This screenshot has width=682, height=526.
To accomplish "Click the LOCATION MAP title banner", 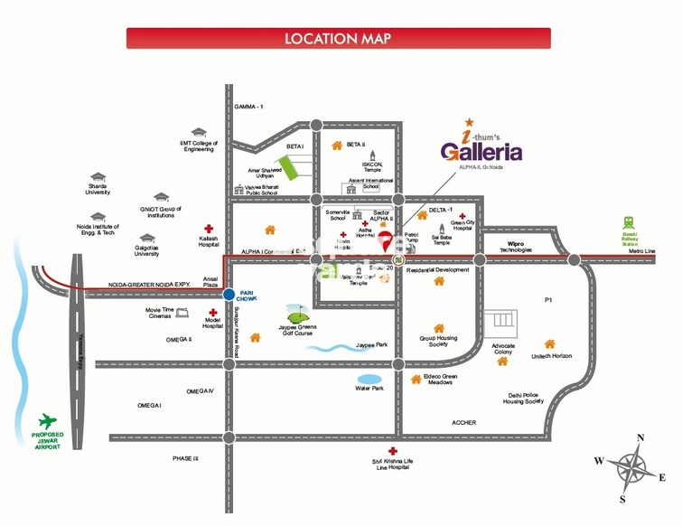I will point(338,38).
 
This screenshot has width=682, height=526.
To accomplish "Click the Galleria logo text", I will point(481,149).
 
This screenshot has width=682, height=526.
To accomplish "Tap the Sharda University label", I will point(98,189).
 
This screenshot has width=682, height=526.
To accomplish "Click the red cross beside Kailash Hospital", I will point(209,229).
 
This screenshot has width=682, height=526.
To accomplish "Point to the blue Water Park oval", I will point(370,379).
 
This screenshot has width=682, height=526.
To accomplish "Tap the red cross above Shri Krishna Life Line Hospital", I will point(392,451).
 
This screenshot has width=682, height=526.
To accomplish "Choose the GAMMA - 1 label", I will point(248,107).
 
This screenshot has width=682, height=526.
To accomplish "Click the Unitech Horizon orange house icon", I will point(549,343).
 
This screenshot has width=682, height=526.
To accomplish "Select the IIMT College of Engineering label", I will point(199,145).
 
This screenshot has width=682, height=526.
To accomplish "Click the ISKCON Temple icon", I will point(372,153).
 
